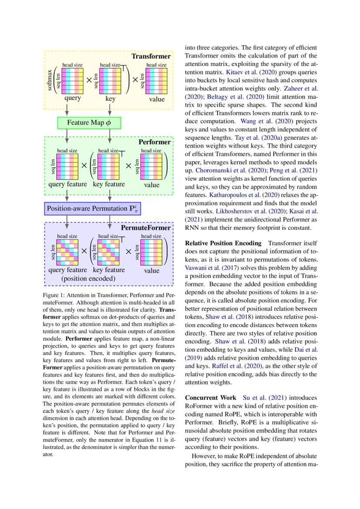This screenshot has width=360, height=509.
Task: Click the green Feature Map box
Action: coord(89,122)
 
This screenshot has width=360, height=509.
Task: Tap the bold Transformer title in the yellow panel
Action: coord(151,57)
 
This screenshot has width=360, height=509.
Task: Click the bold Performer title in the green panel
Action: coord(155,142)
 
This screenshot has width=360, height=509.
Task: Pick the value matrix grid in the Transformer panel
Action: coord(156,81)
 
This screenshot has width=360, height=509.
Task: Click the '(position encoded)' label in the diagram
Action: coord(88,278)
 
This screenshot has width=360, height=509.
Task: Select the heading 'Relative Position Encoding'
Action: coord(223,243)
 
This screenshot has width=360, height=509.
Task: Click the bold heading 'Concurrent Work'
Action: coord(211,398)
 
